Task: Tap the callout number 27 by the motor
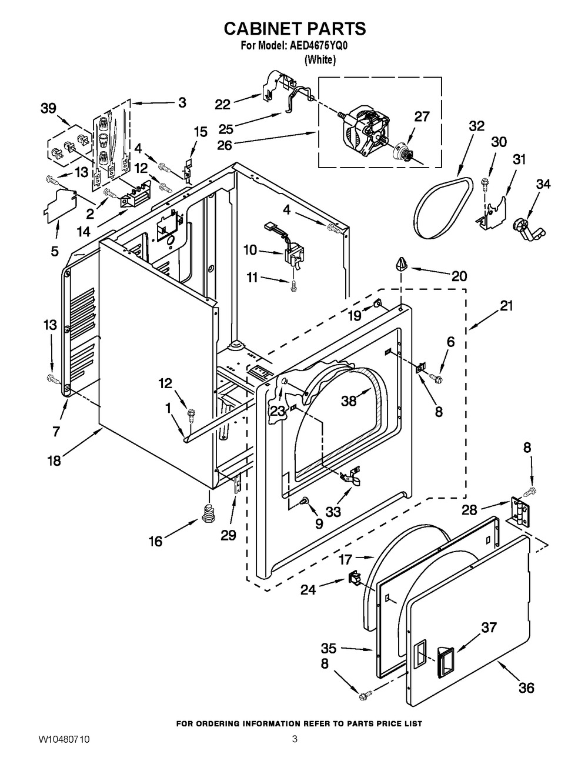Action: tap(422, 116)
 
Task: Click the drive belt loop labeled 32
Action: tap(442, 208)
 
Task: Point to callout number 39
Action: tap(48, 108)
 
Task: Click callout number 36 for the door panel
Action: tap(526, 687)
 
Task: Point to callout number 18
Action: tap(54, 460)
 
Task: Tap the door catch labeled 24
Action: tap(354, 579)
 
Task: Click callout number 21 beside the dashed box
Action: tap(506, 306)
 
